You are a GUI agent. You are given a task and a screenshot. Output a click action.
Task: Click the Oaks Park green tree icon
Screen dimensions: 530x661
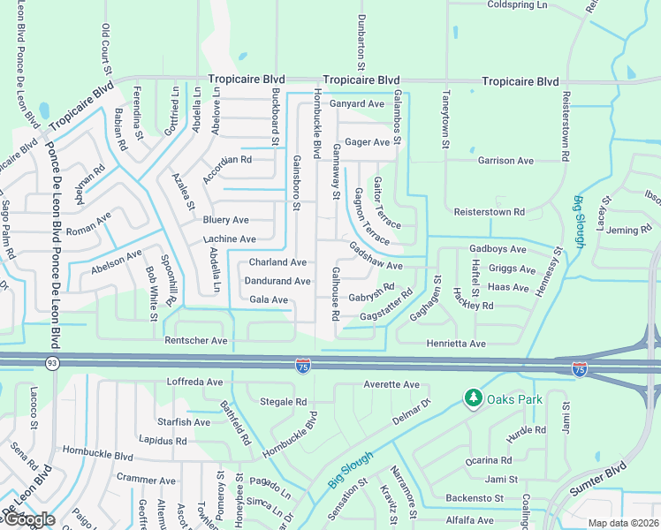473,399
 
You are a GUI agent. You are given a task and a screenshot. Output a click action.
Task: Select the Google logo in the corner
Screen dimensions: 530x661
28,519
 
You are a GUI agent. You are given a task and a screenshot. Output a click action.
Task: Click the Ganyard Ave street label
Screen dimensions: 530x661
358,103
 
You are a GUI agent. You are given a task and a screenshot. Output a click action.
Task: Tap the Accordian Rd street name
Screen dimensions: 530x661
227,160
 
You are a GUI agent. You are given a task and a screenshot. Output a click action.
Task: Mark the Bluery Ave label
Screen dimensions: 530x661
226,220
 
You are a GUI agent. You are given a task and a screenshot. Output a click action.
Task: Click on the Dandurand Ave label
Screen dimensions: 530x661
278,281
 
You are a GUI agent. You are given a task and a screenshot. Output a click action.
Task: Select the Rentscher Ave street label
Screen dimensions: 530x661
195,340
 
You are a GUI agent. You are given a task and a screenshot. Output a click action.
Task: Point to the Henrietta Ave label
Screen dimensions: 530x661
457,343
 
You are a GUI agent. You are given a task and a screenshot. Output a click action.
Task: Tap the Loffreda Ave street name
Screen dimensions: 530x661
195,382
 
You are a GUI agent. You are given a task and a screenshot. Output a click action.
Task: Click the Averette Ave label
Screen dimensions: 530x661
391,384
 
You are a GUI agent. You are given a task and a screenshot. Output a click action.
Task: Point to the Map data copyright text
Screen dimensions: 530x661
624,523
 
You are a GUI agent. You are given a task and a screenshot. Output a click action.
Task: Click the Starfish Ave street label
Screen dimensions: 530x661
184,422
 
